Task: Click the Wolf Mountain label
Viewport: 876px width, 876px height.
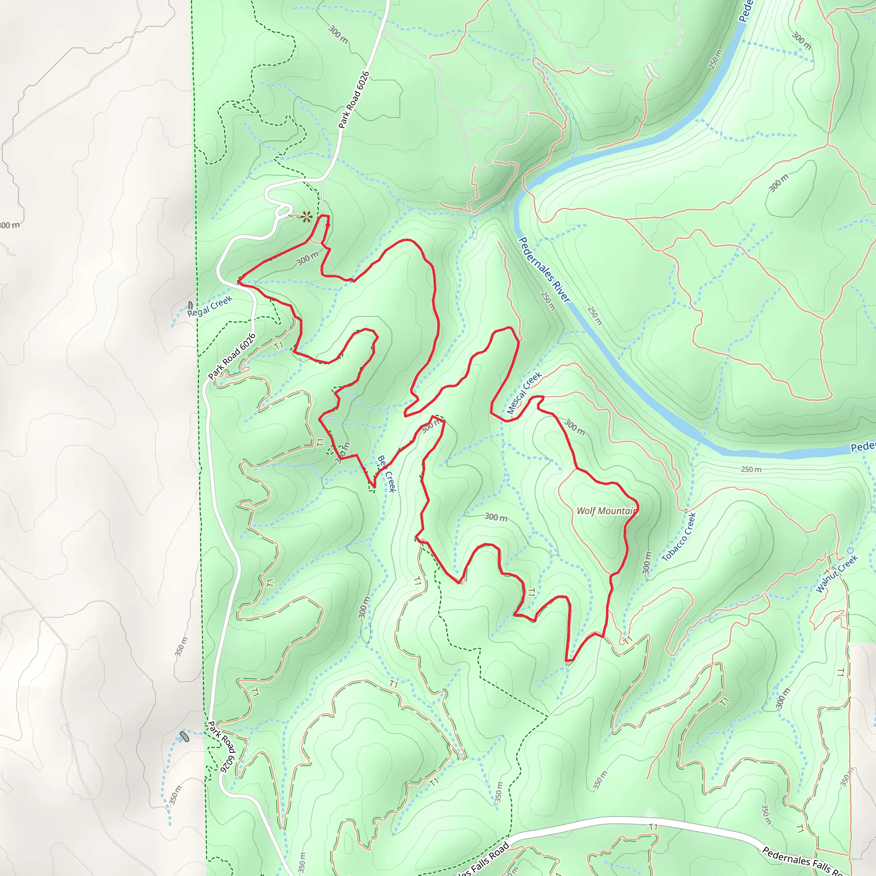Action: tap(606, 511)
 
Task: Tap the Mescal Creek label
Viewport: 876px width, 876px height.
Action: tap(524, 393)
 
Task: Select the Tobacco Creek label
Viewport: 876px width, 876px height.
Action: tap(679, 537)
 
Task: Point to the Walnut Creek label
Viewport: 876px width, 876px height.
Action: tap(837, 574)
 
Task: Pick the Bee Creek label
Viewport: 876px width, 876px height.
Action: tap(387, 474)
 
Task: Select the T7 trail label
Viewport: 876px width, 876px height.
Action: tap(278, 346)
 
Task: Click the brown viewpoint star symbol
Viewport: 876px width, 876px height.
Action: tap(307, 217)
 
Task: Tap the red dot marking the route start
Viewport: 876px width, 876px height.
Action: tap(328, 225)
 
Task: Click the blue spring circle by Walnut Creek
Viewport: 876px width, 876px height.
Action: tap(850, 550)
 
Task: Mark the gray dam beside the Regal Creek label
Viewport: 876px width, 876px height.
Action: tap(190, 305)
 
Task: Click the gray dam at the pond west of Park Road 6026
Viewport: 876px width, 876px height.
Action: tap(183, 737)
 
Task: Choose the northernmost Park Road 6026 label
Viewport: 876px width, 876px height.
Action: tap(354, 100)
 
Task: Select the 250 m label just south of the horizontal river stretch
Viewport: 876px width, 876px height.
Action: tap(751, 469)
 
